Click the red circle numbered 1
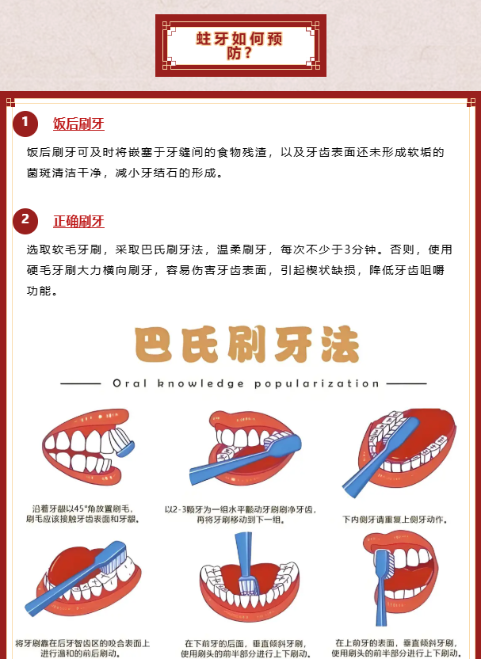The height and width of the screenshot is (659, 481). click(x=25, y=124)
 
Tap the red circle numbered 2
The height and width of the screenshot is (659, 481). click(x=25, y=221)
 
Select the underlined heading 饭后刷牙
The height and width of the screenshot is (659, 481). click(x=78, y=124)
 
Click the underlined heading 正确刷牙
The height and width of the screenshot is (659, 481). click(x=78, y=222)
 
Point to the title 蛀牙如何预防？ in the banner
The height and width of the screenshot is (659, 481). click(x=239, y=45)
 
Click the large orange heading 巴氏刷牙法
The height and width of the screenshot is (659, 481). click(x=246, y=345)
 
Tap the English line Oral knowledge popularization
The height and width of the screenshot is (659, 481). click(x=246, y=383)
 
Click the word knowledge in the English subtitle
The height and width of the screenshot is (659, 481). click(x=200, y=383)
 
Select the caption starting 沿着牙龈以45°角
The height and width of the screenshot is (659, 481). click(x=82, y=514)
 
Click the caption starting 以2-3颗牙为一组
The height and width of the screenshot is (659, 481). click(x=240, y=514)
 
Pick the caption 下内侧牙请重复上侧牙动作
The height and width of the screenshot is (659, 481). click(x=395, y=520)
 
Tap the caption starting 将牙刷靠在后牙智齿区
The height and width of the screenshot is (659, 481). click(x=82, y=649)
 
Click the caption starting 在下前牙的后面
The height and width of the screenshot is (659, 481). click(x=246, y=649)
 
